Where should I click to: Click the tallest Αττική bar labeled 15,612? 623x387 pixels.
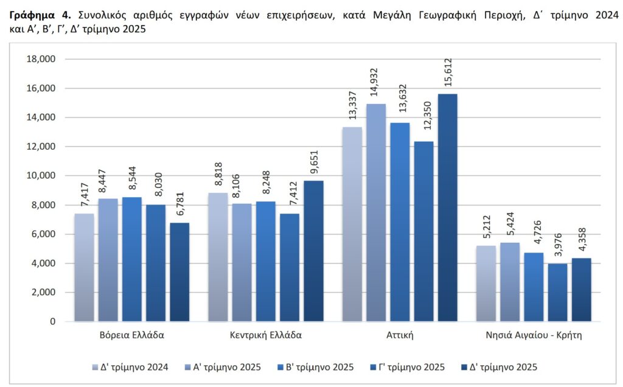tap(447, 207)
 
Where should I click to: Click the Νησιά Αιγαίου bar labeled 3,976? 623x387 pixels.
tap(557, 292)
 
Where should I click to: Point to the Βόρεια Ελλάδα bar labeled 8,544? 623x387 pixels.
tap(132, 259)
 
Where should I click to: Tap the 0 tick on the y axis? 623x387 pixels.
tap(53, 321)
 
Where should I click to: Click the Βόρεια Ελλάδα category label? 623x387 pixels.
tap(131, 335)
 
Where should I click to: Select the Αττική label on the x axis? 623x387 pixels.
tap(400, 335)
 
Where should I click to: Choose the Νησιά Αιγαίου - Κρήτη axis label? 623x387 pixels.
tap(534, 335)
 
